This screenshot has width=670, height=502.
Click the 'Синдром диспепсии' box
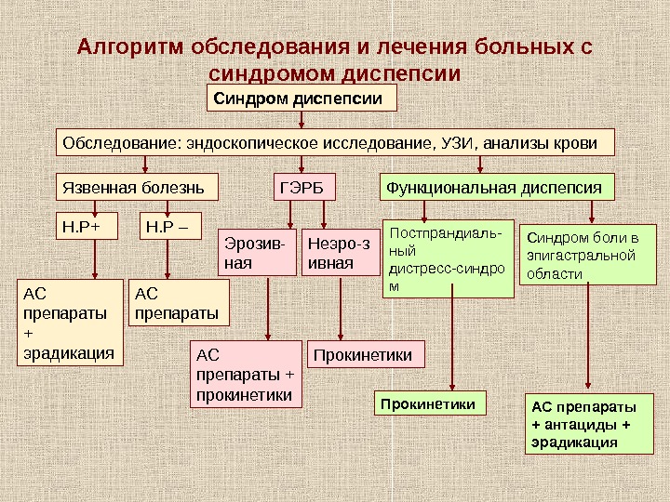click(x=301, y=99)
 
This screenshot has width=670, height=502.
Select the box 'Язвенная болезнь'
click(x=137, y=188)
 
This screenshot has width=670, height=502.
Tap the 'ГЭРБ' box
click(x=303, y=188)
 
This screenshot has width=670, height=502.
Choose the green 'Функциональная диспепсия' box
click(x=499, y=188)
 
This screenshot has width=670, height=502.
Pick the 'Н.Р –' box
click(x=170, y=226)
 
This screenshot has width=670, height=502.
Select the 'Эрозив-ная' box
click(x=258, y=254)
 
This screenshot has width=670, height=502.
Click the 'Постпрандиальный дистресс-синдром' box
click(x=449, y=258)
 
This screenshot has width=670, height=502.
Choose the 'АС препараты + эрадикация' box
click(x=72, y=322)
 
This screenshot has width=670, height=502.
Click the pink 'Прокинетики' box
click(x=366, y=354)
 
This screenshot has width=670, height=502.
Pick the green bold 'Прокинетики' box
click(x=431, y=404)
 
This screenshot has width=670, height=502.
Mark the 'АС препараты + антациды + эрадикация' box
click(x=590, y=424)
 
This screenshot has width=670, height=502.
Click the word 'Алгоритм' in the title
click(x=131, y=46)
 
